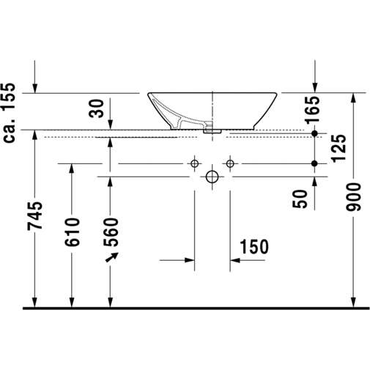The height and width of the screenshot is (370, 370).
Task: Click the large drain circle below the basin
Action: click(212, 177)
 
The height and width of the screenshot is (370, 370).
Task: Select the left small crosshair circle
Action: click(195, 162)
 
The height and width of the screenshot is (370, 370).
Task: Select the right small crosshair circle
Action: click(229, 162)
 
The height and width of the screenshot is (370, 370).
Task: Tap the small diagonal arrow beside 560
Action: click(111, 258)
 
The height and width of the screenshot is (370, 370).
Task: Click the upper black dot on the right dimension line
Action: click(315, 134)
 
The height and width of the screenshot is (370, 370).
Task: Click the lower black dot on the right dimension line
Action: click(315, 162)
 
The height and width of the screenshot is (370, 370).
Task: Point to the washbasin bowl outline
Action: click(212, 110)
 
